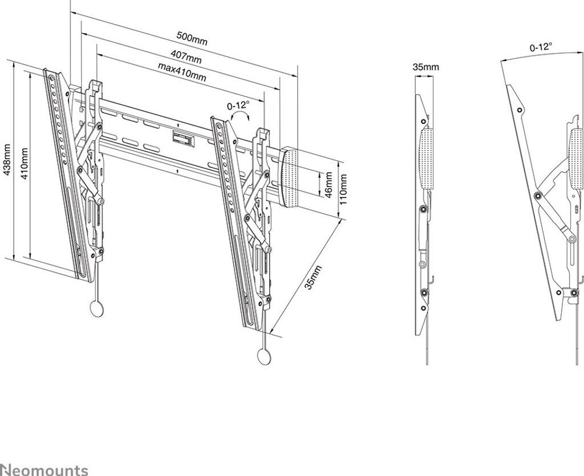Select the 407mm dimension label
pos(186,57)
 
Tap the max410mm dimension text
pos(182,72)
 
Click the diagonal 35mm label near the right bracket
pos(312,278)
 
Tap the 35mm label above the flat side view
pos(425,67)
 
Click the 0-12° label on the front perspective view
pos(238,105)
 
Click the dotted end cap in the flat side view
pos(427,157)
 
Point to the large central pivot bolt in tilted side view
pos(537,197)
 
